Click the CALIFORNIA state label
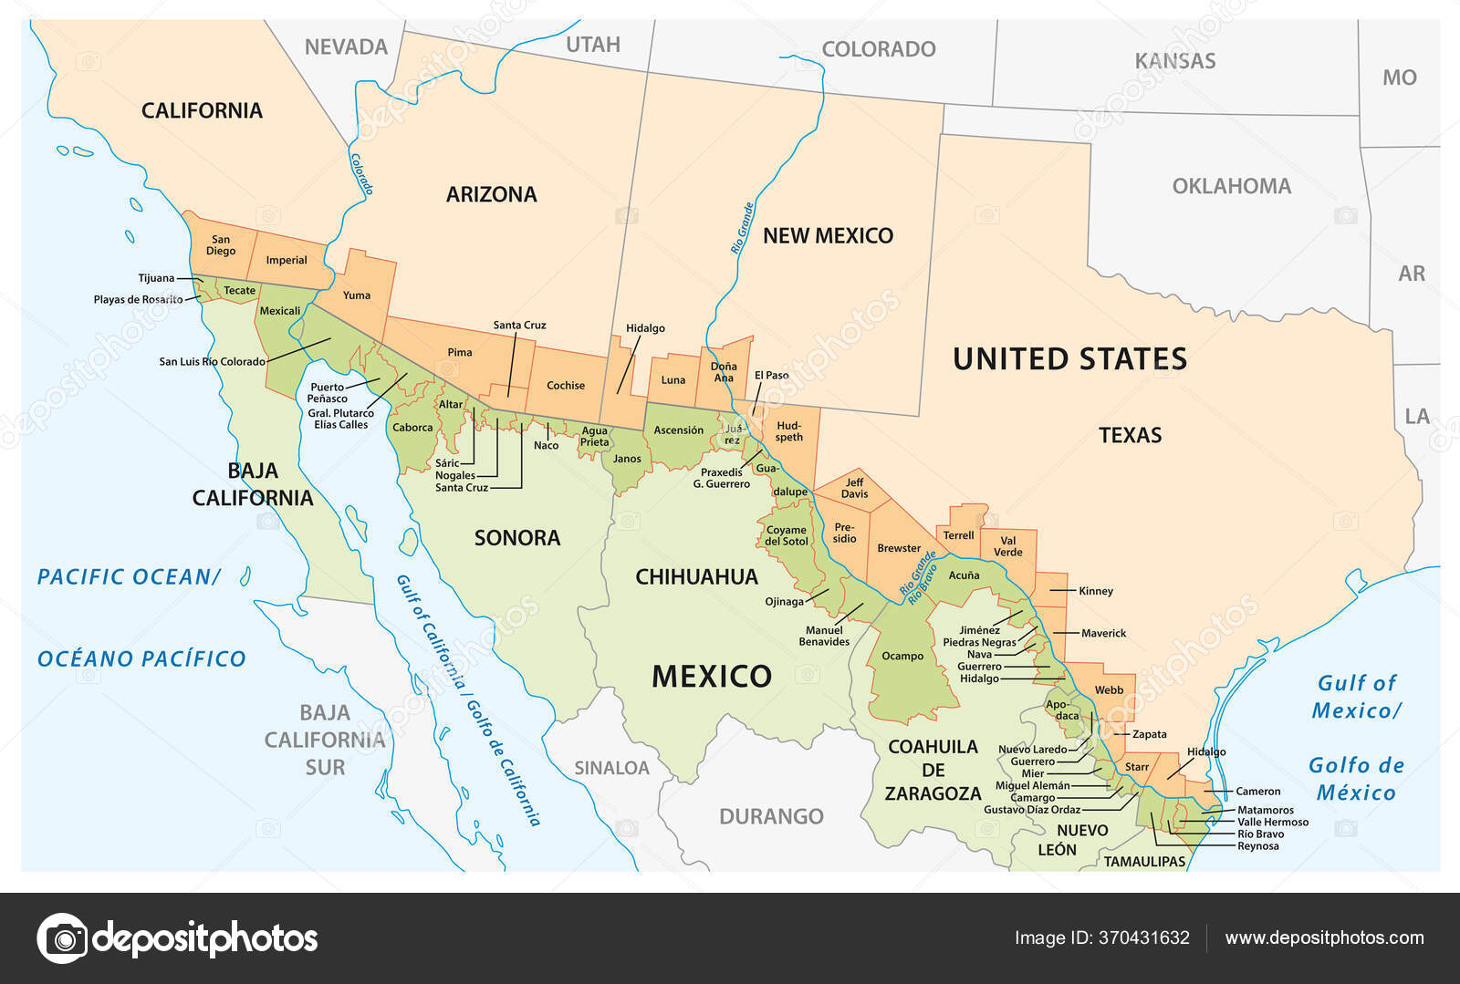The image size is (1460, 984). coord(202,110)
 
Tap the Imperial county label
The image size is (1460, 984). coord(287,260)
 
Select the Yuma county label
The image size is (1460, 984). coord(357,295)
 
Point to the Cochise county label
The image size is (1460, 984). coord(566,385)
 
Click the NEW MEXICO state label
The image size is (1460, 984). coord(828,235)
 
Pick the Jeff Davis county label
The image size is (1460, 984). coord(854,488)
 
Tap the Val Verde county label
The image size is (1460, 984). coord(1007,546)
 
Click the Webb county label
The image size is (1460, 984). coord(1109,689)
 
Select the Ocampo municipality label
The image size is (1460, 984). coord(902,656)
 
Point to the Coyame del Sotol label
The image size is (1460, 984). coord(786,535)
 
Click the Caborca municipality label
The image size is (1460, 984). coord(412,427)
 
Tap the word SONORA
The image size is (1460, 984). coord(517,538)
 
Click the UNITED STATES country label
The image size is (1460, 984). coord(1069,358)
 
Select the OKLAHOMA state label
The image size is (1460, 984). coord(1231,186)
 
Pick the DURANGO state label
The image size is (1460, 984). coord(771,816)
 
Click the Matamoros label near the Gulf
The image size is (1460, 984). coord(1265,810)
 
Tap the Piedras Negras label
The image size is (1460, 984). coord(979,642)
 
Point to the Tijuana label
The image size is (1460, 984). coord(156,278)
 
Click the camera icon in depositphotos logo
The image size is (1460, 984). coord(63,937)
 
